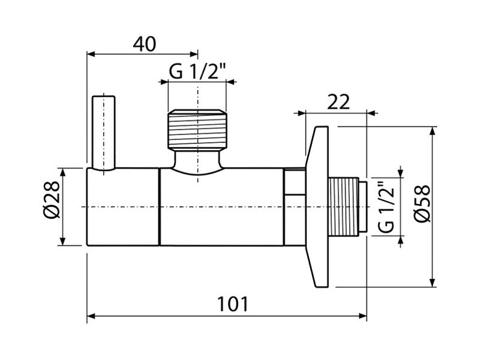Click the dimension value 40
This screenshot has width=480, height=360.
click(x=145, y=44)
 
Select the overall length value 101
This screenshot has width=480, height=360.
click(x=233, y=304)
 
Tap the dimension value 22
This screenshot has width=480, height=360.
click(x=338, y=102)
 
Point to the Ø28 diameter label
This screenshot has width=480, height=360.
click(x=51, y=200)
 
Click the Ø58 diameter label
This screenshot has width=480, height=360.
click(x=422, y=203)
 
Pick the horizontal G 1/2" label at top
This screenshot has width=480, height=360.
click(x=197, y=71)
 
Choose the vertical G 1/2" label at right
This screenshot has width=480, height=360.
click(x=385, y=207)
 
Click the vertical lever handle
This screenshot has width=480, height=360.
click(x=104, y=133)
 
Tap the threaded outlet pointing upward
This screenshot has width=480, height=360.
click(x=197, y=129)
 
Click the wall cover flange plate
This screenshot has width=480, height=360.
click(x=317, y=206)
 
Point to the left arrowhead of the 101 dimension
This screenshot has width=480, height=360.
click(x=91, y=316)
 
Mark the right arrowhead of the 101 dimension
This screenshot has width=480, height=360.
click(x=362, y=316)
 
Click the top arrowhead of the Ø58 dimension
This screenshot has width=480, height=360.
click(x=432, y=131)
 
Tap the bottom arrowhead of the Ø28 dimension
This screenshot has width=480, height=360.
click(x=63, y=241)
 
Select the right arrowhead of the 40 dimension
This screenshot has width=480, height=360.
click(x=194, y=54)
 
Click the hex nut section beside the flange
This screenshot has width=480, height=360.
click(x=295, y=206)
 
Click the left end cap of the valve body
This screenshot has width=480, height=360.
click(x=124, y=207)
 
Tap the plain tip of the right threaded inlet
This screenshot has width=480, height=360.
click(x=363, y=206)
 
